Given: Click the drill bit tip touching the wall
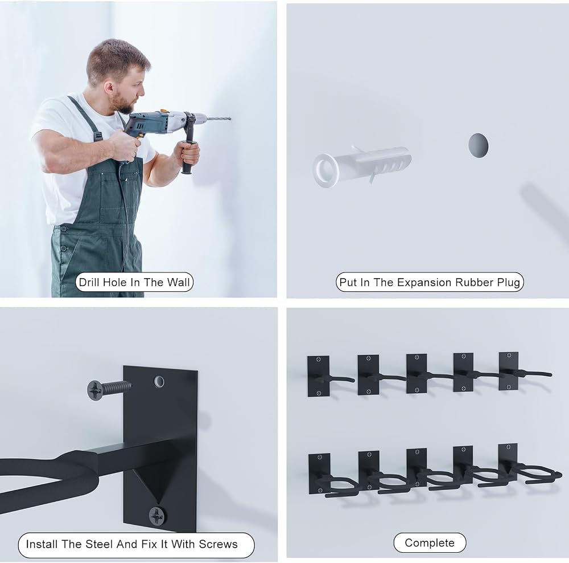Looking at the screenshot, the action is tap(230, 118).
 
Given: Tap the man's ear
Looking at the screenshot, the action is tap(109, 87).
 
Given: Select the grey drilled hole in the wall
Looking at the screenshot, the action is tap(479, 145).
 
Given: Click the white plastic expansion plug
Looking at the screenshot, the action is tap(362, 166).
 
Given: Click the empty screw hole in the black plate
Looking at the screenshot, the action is tap(159, 382).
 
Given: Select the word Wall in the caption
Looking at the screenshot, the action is tap(178, 283).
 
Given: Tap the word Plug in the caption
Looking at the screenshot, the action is tap(508, 283).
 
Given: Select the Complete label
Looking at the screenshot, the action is tap(430, 543).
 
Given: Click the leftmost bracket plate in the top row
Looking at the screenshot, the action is tap(318, 376).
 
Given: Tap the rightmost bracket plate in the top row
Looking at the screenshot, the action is tap(508, 371).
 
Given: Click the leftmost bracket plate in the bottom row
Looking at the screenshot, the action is tap(319, 473).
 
